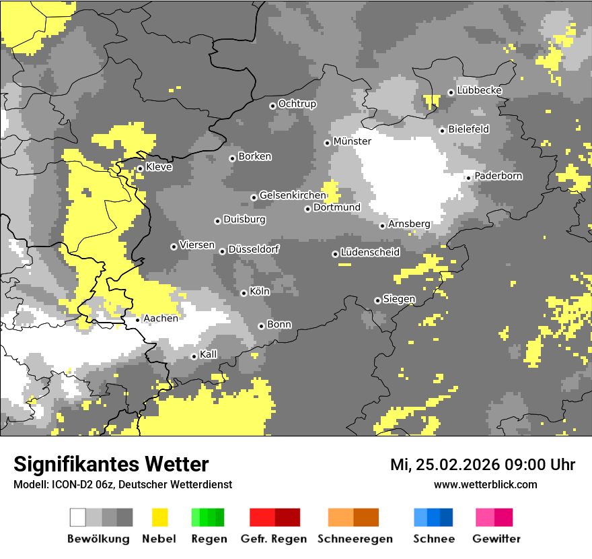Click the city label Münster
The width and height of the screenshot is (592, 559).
pos(352,141)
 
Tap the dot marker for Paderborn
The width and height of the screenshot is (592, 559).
pos(468,178)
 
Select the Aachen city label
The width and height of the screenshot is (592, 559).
pos(161,319)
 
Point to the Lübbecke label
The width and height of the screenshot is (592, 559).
pos(479,91)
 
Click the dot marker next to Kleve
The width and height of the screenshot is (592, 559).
pos(140,168)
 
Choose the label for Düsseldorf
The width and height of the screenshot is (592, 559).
pos(254,249)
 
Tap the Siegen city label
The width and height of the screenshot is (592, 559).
pos(399,299)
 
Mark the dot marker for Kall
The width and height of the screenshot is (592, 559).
pos(194,356)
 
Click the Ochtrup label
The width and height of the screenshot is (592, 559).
pos(297,104)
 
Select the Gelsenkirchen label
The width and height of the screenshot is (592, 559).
pos(292,195)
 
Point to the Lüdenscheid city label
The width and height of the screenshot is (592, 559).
pos(370,253)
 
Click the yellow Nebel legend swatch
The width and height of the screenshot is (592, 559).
pos(159,517)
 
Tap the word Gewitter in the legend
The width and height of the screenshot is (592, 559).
pos(496,539)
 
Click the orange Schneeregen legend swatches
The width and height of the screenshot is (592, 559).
pos(353,517)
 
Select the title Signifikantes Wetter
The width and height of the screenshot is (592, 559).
pos(111,464)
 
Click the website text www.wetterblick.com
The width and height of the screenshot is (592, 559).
pos(485,484)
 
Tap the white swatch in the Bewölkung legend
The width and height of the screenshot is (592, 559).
pos(77,517)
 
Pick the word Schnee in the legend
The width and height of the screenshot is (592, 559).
pos(433,539)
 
